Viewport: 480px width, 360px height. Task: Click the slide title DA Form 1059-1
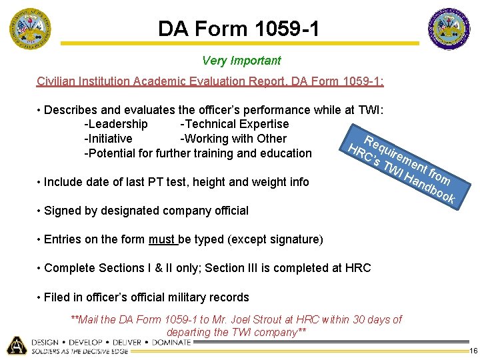(238, 29)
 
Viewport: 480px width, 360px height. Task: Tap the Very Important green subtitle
(241, 61)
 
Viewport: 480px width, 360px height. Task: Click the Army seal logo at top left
(29, 29)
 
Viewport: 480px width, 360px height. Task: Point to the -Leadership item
(116, 124)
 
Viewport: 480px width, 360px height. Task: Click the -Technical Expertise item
(234, 124)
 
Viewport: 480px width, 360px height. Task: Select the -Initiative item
(108, 139)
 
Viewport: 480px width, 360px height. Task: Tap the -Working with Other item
(233, 139)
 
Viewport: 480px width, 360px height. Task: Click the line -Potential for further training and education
(198, 153)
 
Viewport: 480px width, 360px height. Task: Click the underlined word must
(161, 239)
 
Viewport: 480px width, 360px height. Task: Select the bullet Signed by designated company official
(146, 211)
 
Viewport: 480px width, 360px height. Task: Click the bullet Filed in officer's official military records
(146, 297)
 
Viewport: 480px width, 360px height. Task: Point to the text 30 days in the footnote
(367, 319)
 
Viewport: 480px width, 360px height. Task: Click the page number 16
(473, 351)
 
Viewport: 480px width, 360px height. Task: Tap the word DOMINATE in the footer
(171, 342)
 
